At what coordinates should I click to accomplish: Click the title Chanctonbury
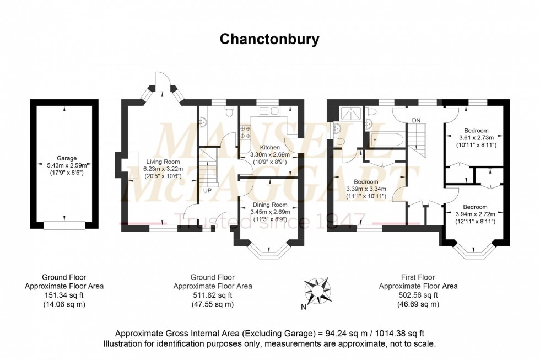[x=270, y=39]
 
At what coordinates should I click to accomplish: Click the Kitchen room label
[x=271, y=148]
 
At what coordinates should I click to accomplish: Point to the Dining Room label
[x=271, y=205]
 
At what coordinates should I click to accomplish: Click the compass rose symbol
[x=317, y=289]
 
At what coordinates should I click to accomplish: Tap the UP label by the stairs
[x=207, y=191]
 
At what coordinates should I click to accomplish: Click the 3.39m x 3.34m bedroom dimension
[x=366, y=189]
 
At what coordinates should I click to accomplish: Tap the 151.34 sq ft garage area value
[x=64, y=295]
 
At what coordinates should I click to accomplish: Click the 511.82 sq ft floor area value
[x=213, y=295]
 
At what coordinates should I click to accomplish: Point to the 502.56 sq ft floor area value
[x=418, y=295]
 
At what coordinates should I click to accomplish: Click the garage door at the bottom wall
[x=65, y=224]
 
